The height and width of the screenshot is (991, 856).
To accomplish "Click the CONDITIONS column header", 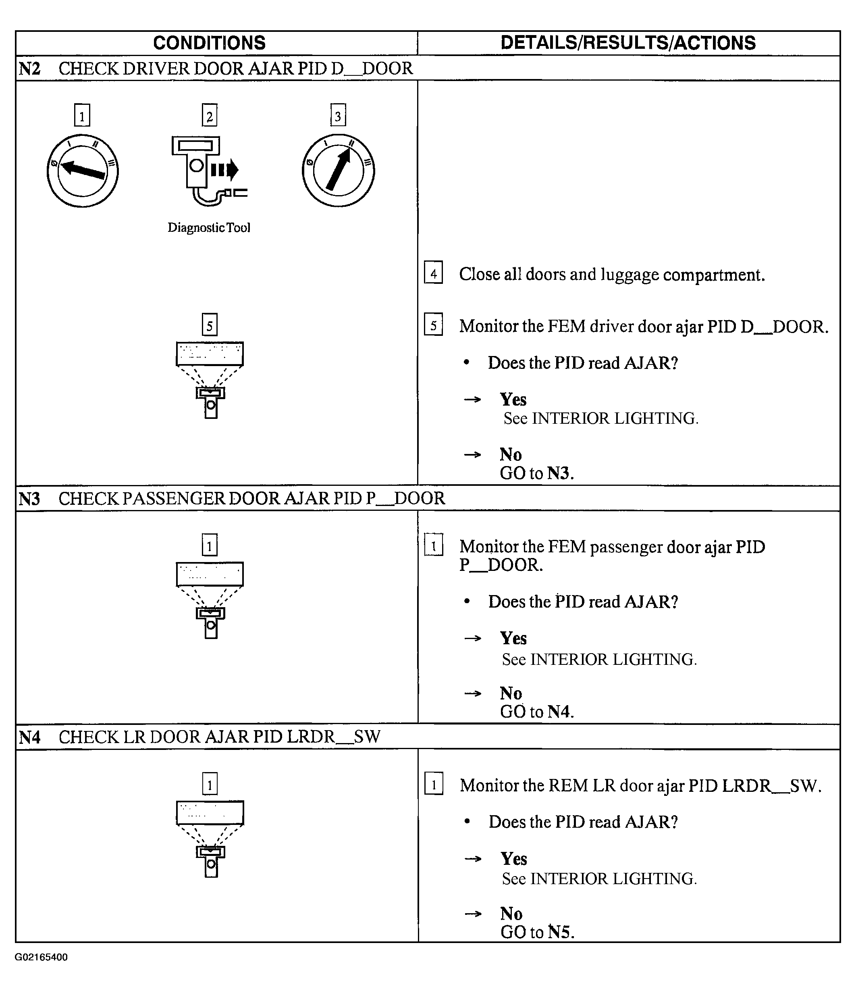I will tap(209, 43).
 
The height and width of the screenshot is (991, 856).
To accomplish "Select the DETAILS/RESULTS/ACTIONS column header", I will tap(628, 43).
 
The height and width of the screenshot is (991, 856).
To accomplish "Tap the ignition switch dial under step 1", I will tap(83, 171).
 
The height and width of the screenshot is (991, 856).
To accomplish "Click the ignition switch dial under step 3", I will tap(339, 171).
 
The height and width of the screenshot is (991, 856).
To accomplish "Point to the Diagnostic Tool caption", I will tap(209, 228).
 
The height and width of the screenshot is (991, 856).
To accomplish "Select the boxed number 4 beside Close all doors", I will tap(433, 273).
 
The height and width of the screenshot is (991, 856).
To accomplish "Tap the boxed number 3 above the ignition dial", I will tap(338, 115).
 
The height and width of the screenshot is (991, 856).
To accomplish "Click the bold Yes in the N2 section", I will tap(513, 400).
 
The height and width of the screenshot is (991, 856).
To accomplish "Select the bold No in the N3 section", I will tap(511, 693).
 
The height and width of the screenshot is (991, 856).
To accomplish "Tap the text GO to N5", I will tap(537, 932).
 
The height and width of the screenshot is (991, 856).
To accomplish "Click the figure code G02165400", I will tap(41, 957).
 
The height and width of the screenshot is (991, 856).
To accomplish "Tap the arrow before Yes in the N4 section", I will tap(473, 858).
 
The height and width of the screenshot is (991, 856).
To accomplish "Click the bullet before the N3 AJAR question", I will tap(467, 601).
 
